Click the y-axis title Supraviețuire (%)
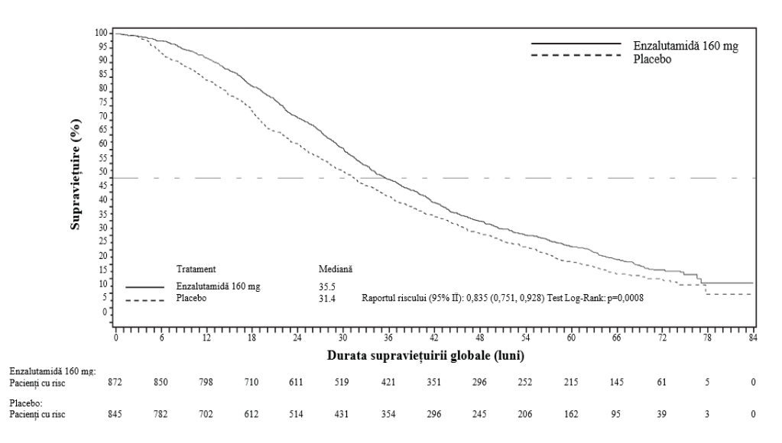(x=76, y=174)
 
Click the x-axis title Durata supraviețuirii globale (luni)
(x=426, y=355)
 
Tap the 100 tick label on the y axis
(x=101, y=33)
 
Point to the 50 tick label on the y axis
(x=103, y=171)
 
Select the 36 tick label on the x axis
(x=388, y=338)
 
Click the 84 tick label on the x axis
(x=753, y=338)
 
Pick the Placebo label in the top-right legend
(x=652, y=60)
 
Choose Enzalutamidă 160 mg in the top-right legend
(x=686, y=46)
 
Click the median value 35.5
(x=327, y=286)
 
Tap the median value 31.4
(x=327, y=299)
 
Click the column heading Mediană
(x=336, y=269)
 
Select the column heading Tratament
(x=196, y=269)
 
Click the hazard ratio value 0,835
(x=477, y=299)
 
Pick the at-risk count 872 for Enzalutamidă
(x=115, y=382)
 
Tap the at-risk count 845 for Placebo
(x=115, y=414)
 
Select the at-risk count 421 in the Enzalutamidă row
(x=388, y=382)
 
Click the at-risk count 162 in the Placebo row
(x=571, y=414)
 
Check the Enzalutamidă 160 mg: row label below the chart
(x=53, y=371)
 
